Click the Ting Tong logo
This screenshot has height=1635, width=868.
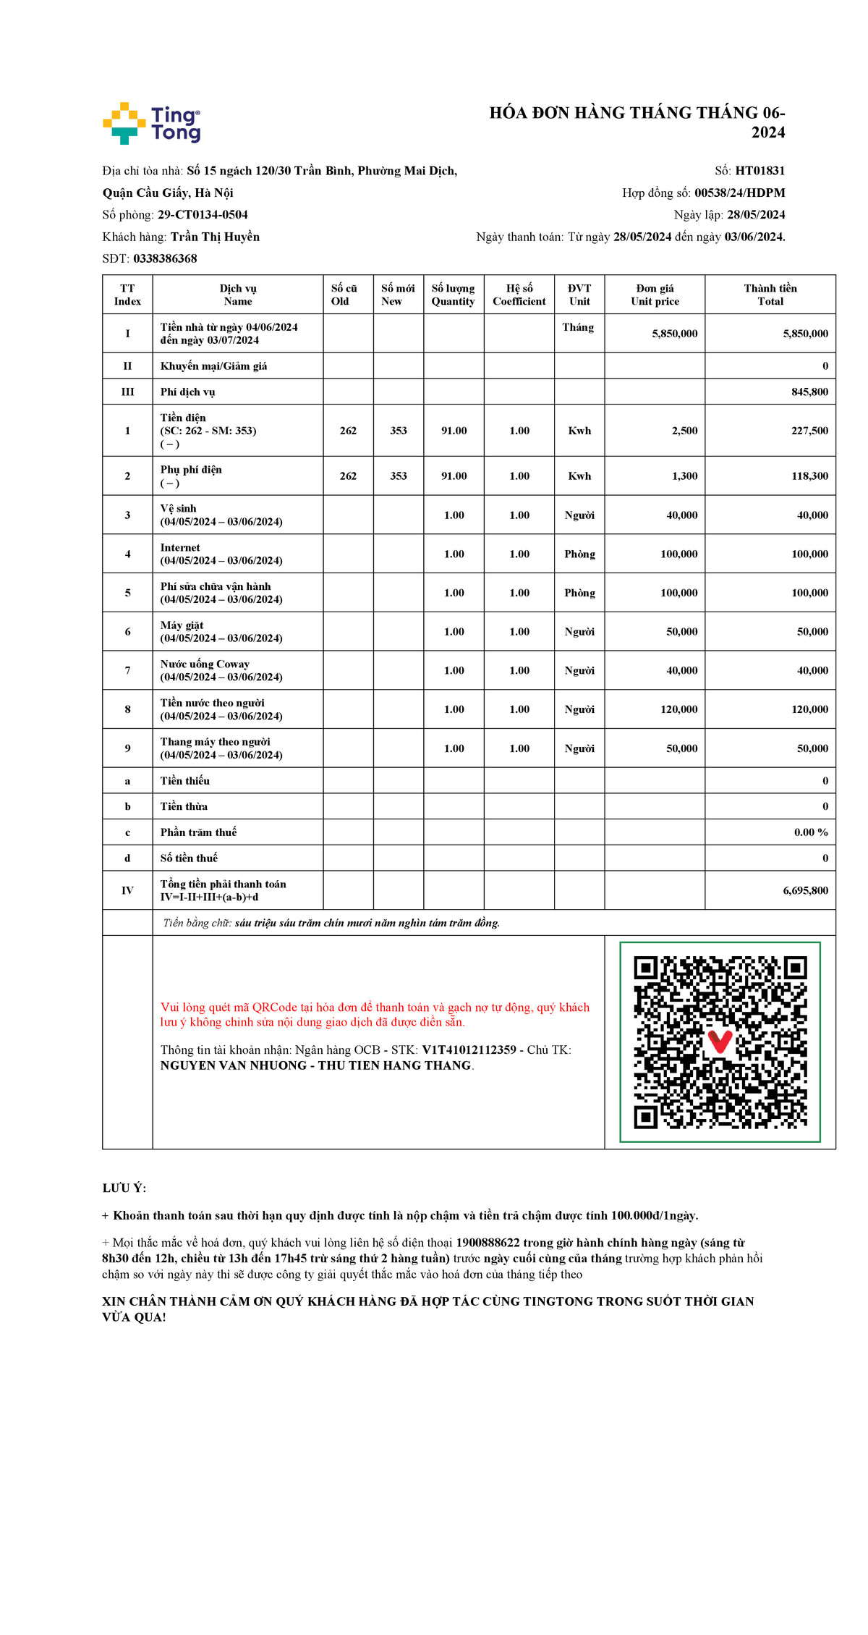(152, 123)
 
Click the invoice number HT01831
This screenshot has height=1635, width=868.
(759, 171)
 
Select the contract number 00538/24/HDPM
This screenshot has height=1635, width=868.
(739, 193)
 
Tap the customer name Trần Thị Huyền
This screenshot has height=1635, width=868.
(215, 237)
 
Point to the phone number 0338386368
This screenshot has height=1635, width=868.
(165, 258)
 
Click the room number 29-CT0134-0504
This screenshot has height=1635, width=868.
(203, 215)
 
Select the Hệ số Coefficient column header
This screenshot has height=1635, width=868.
(519, 295)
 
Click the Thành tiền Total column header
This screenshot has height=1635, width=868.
(770, 295)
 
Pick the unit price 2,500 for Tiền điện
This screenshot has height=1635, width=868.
(684, 431)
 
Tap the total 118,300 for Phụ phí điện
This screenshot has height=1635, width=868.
(809, 476)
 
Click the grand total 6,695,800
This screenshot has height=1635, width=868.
(805, 890)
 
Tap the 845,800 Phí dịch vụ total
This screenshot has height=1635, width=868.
(809, 392)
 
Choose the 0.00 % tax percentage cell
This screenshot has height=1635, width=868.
(811, 832)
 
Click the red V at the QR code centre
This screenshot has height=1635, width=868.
(720, 1042)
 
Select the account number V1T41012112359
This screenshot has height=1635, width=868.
(469, 1049)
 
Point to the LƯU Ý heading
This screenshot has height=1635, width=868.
(124, 1188)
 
